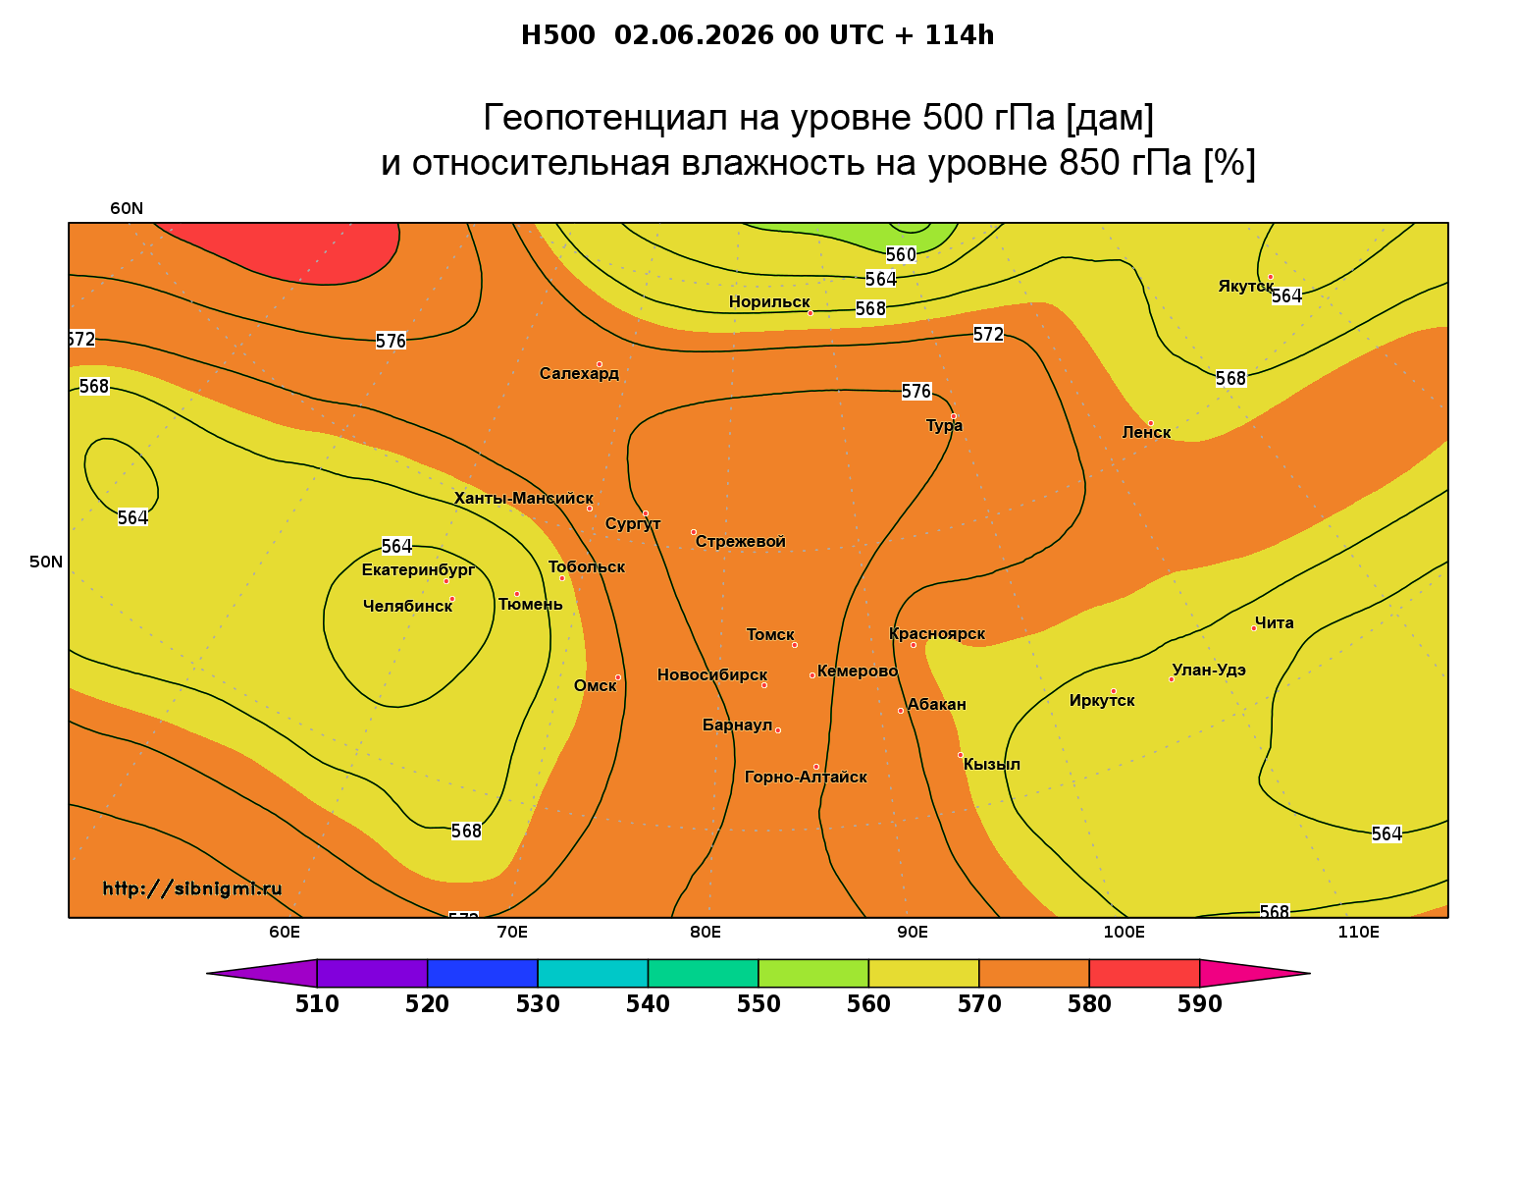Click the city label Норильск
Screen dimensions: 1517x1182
pyautogui.click(x=768, y=301)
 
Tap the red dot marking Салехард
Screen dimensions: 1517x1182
pyautogui.click(x=599, y=364)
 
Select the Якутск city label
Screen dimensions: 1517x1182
pyautogui.click(x=1245, y=287)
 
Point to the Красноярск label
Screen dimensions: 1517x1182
pyautogui.click(x=936, y=634)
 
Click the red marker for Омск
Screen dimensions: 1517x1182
pyautogui.click(x=618, y=678)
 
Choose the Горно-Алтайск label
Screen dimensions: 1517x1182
pyautogui.click(x=806, y=778)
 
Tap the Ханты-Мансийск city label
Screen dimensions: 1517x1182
pyautogui.click(x=524, y=498)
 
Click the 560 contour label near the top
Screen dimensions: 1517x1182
pyautogui.click(x=901, y=255)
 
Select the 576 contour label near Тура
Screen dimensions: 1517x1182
pyautogui.click(x=915, y=391)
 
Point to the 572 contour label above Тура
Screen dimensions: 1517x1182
pyautogui.click(x=988, y=335)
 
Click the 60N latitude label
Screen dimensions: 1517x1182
pyautogui.click(x=127, y=208)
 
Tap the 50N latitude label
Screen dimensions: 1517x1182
pyautogui.click(x=46, y=562)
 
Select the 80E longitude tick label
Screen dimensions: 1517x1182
pyautogui.click(x=706, y=932)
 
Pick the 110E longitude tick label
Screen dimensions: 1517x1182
pyautogui.click(x=1358, y=932)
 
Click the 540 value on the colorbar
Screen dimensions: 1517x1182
pyautogui.click(x=648, y=1004)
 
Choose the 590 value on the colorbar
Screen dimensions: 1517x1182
pyautogui.click(x=1199, y=1004)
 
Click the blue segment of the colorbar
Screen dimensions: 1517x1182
pyautogui.click(x=483, y=973)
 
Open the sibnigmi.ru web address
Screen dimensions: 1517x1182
pyautogui.click(x=192, y=888)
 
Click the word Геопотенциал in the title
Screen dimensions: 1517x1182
pyautogui.click(x=605, y=117)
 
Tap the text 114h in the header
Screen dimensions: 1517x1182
pyautogui.click(x=960, y=35)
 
